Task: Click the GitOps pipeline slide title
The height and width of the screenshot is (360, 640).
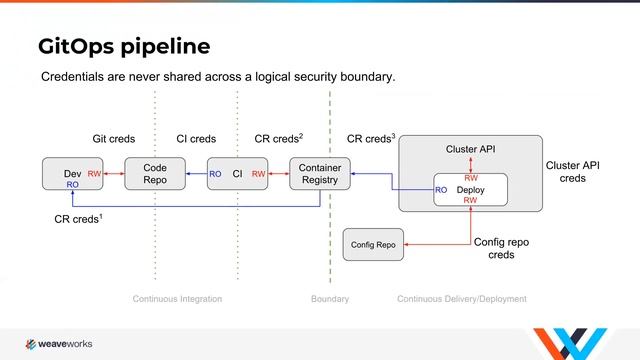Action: (123, 46)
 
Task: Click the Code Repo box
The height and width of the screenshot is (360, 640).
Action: (154, 174)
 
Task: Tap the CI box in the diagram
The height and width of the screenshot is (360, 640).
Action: (237, 174)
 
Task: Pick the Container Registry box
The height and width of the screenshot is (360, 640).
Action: (320, 174)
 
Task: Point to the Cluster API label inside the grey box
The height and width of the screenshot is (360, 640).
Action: (470, 149)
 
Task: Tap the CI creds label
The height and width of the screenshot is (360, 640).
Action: (195, 139)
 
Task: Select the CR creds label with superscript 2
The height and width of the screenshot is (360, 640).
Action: (279, 138)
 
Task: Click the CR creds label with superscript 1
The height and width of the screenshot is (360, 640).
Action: (78, 217)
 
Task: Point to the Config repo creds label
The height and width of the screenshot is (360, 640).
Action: (501, 248)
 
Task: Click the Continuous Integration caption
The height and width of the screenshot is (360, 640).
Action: (177, 299)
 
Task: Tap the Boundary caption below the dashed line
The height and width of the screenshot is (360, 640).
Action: (330, 299)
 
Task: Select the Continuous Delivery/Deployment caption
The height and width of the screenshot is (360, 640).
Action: (461, 299)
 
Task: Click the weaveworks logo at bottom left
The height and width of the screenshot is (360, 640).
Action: (58, 343)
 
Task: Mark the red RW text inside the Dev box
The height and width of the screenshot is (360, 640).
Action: (94, 174)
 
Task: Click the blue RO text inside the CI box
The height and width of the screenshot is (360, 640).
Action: (216, 174)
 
